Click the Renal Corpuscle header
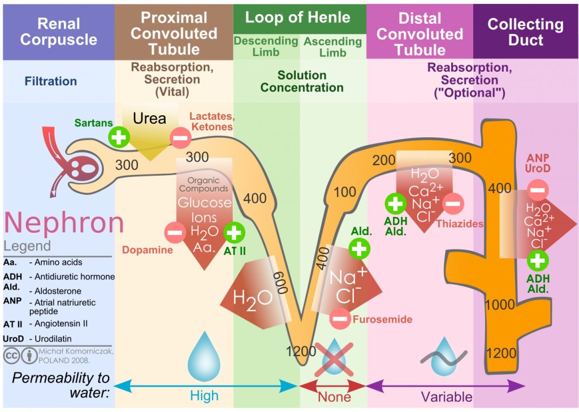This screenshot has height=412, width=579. pyautogui.click(x=59, y=32)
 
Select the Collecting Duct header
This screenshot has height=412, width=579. pyautogui.click(x=525, y=32)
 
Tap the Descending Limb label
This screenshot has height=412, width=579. pyautogui.click(x=266, y=46)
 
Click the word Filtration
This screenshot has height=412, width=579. pyautogui.click(x=51, y=81)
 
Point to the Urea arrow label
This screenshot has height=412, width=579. pyautogui.click(x=149, y=118)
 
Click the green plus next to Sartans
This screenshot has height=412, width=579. pyautogui.click(x=119, y=137)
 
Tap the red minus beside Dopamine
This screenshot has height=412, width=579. pyautogui.click(x=175, y=232)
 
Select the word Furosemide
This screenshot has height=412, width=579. pyautogui.click(x=382, y=320)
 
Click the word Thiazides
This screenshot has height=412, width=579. pyautogui.click(x=460, y=224)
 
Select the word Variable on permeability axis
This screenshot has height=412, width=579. pyautogui.click(x=447, y=397)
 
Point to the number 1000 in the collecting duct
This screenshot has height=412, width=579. pyautogui.click(x=500, y=305)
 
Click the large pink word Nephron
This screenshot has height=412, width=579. pyautogui.click(x=63, y=223)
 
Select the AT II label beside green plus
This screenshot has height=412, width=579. pyautogui.click(x=234, y=250)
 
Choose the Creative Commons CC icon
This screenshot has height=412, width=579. pyautogui.click(x=11, y=355)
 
